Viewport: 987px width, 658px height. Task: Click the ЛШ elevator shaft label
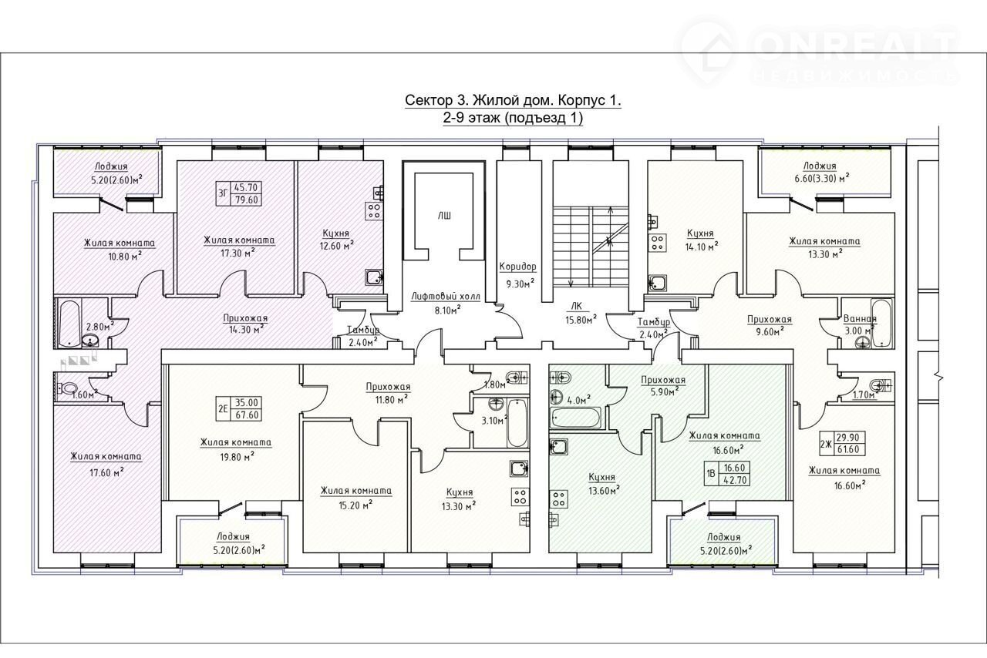[444, 217]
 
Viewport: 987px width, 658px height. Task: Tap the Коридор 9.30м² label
[517, 275]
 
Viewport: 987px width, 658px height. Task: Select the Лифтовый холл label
[446, 297]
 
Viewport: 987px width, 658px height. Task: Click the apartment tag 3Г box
[238, 194]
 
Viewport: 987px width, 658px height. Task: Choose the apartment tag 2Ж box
[843, 444]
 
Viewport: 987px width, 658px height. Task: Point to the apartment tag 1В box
[727, 473]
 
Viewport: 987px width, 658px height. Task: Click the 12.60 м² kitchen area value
[336, 246]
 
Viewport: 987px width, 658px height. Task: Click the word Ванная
[859, 318]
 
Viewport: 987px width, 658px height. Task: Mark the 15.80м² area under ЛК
[581, 319]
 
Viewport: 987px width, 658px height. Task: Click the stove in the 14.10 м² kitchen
[659, 242]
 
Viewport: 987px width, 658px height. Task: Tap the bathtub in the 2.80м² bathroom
[69, 324]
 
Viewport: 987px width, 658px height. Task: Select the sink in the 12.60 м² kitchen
[375, 278]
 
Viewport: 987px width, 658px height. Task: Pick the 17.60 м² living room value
[106, 472]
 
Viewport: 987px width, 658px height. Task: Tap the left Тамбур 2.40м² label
[362, 336]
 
